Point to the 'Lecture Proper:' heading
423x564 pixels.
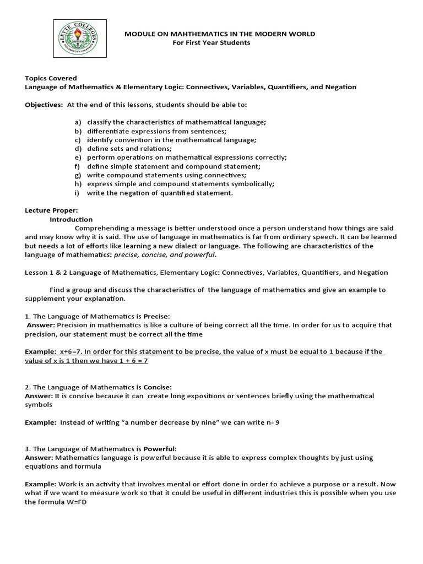(52, 210)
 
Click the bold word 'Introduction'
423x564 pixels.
(71, 219)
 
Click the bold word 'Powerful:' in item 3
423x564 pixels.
(160, 449)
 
